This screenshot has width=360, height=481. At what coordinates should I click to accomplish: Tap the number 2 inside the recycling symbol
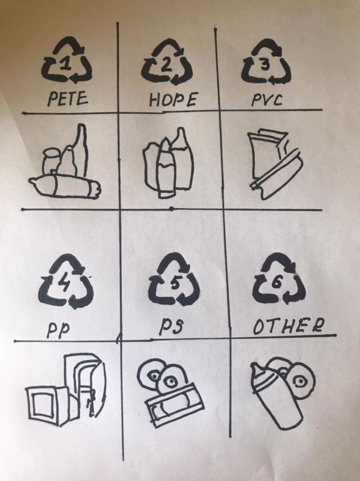(166, 65)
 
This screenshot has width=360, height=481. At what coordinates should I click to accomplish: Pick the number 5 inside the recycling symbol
(175, 283)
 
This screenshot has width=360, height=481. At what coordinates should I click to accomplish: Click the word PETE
(68, 99)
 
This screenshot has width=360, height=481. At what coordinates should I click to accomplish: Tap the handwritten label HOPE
(172, 100)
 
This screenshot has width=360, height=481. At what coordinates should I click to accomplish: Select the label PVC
(267, 100)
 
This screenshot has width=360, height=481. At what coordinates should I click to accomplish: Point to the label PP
(58, 330)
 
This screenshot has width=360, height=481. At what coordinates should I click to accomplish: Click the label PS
(171, 326)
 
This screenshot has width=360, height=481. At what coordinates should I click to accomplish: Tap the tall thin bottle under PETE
(81, 150)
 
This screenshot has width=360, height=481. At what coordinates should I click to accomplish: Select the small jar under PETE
(50, 161)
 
